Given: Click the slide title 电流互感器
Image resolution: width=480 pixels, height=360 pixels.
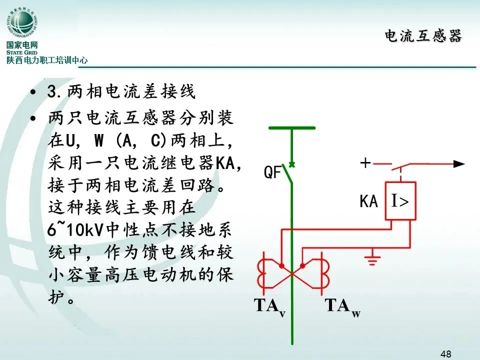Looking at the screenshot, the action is (x=423, y=36).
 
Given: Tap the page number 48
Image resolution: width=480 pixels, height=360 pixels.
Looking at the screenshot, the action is (x=446, y=353).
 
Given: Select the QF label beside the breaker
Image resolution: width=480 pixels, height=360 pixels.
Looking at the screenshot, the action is (x=273, y=173).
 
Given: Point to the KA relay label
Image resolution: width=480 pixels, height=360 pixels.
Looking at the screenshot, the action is (x=368, y=201).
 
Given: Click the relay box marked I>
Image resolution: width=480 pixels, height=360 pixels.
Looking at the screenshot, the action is (x=399, y=201).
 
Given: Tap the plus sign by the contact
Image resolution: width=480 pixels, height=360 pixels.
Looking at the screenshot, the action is (x=366, y=163).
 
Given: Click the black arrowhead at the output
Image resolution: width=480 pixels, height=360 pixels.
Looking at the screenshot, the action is (x=459, y=163).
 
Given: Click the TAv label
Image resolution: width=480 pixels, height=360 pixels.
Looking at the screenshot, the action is (x=270, y=306).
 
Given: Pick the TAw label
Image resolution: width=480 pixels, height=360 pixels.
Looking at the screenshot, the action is (x=342, y=306).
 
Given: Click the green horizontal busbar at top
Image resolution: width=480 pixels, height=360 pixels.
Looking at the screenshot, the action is (x=292, y=128).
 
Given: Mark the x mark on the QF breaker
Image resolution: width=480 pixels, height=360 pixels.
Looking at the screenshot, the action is (x=292, y=163).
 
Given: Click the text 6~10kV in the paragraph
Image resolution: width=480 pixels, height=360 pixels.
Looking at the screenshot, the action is (x=74, y=229).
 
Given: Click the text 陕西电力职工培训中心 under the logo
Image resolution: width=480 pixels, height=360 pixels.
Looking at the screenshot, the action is (x=47, y=60).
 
